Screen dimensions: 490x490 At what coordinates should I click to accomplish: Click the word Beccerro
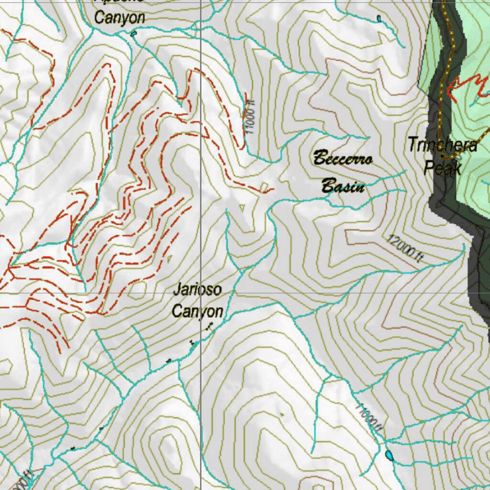tap(342, 158)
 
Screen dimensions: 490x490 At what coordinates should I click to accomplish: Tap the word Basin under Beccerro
tap(343, 186)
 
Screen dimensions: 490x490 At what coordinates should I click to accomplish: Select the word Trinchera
tap(442, 145)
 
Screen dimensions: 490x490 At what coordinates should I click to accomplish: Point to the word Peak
tap(443, 168)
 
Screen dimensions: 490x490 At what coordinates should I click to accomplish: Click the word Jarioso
tap(197, 290)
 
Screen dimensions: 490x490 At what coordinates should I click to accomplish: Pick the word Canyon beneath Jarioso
tap(197, 312)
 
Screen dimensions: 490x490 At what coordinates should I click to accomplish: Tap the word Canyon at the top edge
tap(119, 18)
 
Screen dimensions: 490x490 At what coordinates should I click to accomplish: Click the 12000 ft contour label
tap(405, 249)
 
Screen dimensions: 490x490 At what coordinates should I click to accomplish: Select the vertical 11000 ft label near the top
tap(248, 117)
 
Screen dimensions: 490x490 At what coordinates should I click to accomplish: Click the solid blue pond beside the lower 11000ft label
tap(390, 455)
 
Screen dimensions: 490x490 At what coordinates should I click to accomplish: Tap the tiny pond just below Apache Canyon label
tap(133, 33)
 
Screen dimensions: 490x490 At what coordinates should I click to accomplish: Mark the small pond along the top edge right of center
tap(379, 18)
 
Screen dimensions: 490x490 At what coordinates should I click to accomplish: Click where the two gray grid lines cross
tap(200, 293)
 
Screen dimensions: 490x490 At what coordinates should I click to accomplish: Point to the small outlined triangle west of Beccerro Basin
tap(242, 207)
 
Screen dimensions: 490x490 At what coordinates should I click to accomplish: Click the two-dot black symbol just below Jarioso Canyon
tap(209, 327)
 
